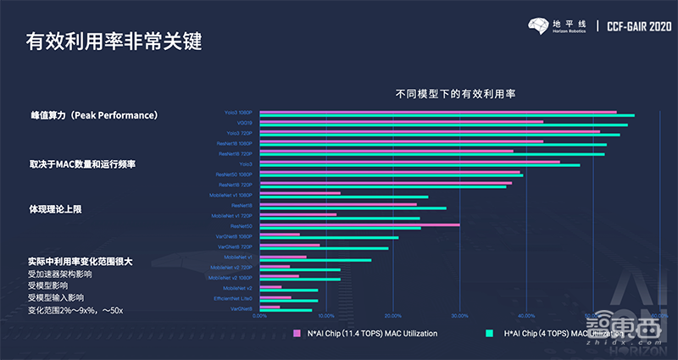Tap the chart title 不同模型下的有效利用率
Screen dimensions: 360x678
[x=456, y=94]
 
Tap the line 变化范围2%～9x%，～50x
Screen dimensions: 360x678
[x=75, y=311]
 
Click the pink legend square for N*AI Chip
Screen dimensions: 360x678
[x=297, y=333]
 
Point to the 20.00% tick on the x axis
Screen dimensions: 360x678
[x=392, y=316]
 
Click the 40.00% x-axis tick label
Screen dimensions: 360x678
[x=525, y=316]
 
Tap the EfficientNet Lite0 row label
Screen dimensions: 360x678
[x=234, y=298]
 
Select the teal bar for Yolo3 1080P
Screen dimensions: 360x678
[x=447, y=114]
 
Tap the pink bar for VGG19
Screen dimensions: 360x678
[x=402, y=121]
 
